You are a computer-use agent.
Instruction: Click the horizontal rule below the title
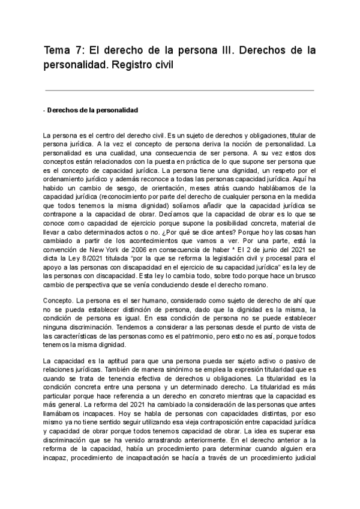click(x=179, y=90)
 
